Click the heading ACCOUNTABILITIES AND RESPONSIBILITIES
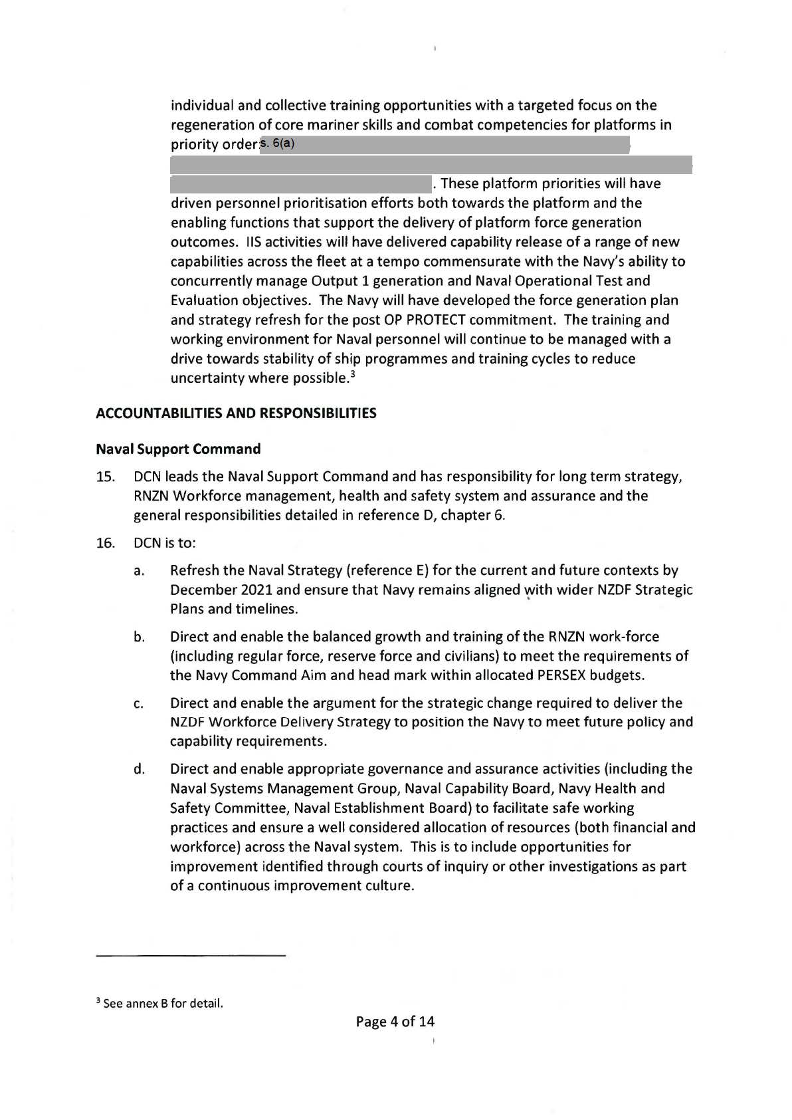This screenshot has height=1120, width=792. (x=236, y=413)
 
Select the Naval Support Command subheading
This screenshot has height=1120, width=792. (x=178, y=449)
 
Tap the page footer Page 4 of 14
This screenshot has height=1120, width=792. (x=395, y=1022)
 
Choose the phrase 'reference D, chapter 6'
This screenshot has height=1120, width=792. (x=437, y=516)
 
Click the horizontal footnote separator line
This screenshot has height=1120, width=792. (x=191, y=956)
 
